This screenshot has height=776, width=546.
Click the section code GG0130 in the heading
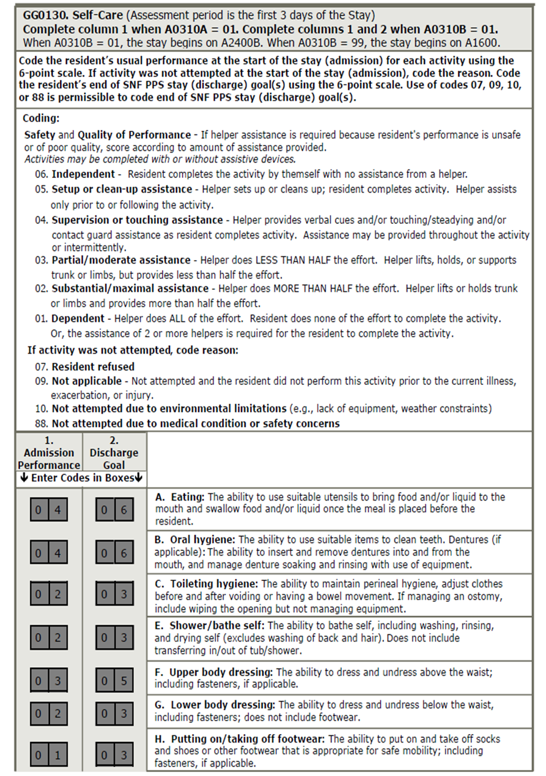44,15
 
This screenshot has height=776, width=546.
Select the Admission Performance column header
49,453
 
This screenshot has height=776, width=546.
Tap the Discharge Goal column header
114,453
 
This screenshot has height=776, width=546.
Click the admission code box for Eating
49,510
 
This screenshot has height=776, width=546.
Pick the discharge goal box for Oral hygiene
115,553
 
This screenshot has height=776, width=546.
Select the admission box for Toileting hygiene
49,594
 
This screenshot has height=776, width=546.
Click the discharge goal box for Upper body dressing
115,680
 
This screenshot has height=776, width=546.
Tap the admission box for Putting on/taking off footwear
49,754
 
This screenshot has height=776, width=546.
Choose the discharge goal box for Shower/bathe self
115,637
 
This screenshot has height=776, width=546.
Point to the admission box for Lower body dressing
49,713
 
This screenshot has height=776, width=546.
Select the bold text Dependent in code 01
78,319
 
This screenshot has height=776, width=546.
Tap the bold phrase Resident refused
93,367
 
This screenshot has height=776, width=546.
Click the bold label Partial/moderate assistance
121,260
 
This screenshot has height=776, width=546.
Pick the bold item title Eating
187,497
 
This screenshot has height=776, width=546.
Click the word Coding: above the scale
41,118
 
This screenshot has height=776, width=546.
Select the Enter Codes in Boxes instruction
81,478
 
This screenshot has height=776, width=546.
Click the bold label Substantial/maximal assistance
130,289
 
